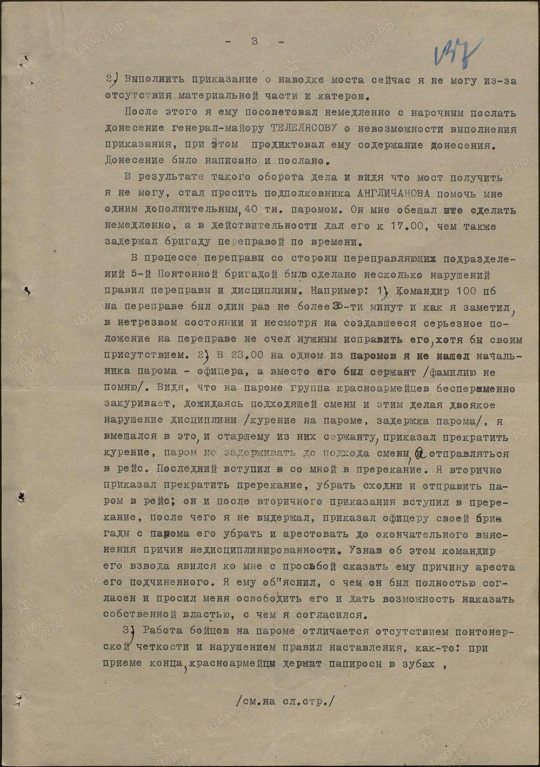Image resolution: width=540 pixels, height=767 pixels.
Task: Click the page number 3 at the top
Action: pyautogui.click(x=254, y=41)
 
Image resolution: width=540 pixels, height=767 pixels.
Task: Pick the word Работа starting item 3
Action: pyautogui.click(x=163, y=631)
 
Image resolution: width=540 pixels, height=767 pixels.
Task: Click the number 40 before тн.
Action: pyautogui.click(x=252, y=210)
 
